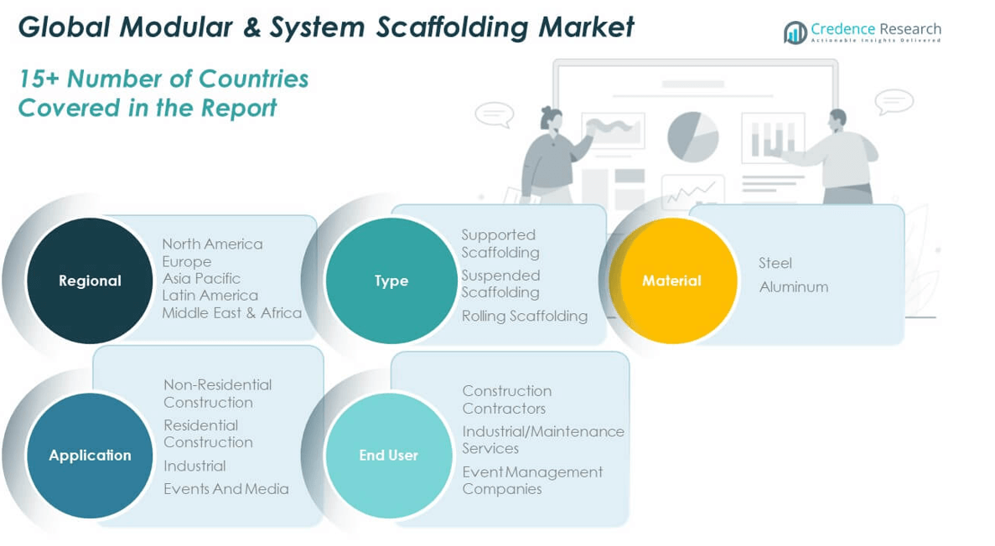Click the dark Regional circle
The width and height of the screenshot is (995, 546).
point(90,281)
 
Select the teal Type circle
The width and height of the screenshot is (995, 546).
point(391,281)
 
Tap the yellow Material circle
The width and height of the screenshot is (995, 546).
point(671,281)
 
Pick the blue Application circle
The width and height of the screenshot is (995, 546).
point(90,455)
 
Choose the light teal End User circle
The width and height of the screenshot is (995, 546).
point(388,455)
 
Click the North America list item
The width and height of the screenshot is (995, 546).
point(212,244)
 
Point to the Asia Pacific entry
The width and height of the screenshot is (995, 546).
point(201,278)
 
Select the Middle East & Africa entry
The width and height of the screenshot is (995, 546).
point(231,312)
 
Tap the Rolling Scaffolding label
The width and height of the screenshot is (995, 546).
point(525,316)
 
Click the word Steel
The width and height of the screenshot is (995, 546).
point(775,263)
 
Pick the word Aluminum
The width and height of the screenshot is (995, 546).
point(793,286)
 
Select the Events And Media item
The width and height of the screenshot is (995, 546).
point(226,489)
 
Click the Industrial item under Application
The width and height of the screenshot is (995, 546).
point(194,466)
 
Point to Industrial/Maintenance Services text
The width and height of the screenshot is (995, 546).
point(542,440)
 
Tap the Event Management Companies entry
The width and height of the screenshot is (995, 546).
point(531,480)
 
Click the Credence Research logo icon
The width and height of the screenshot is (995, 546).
point(795,33)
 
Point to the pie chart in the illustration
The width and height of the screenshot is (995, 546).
point(693,136)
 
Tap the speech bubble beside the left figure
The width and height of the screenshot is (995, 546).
point(494,114)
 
